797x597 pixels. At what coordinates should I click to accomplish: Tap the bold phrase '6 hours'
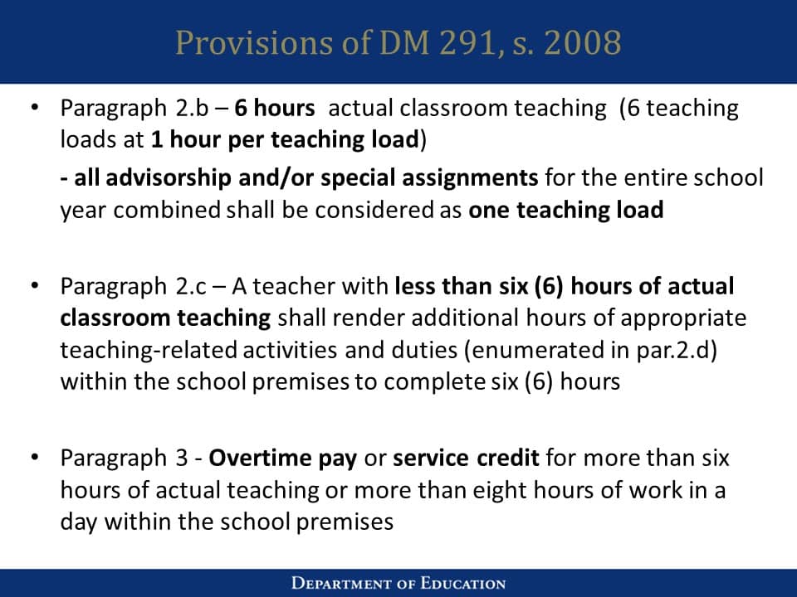(x=274, y=108)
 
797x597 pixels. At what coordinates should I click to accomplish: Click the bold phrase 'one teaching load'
(x=566, y=210)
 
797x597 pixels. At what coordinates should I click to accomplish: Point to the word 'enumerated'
(x=526, y=350)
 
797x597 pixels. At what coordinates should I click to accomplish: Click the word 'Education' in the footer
(x=462, y=583)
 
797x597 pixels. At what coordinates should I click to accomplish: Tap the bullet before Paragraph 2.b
(x=34, y=108)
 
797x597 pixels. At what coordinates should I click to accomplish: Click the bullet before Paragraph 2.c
(x=34, y=287)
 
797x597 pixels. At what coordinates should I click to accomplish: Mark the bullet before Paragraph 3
(x=34, y=458)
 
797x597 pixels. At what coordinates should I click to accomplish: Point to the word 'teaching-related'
(x=149, y=350)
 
